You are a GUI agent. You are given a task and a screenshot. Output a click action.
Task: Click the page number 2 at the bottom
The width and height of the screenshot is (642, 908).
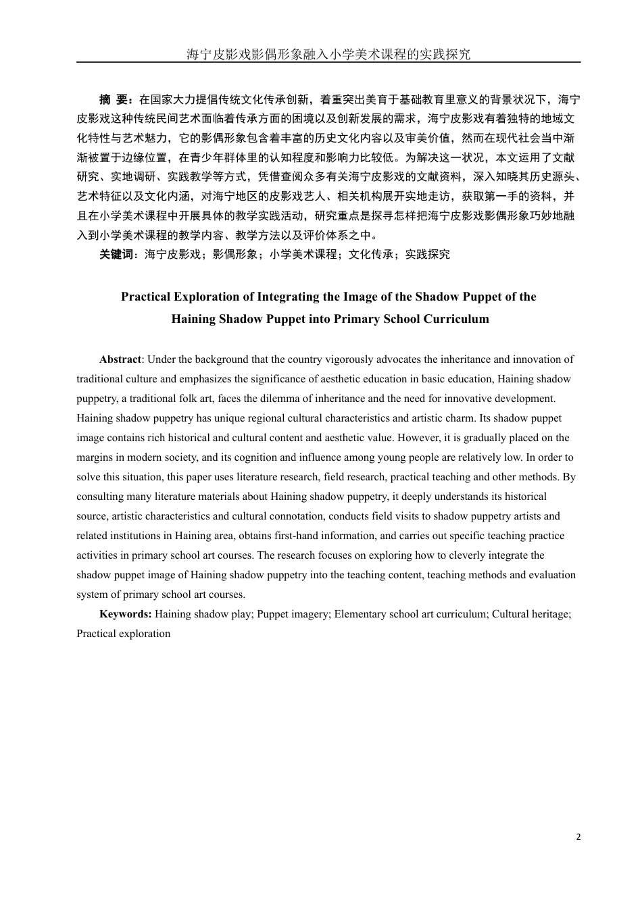click(x=578, y=837)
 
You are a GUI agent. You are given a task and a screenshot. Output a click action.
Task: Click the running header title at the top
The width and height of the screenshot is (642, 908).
click(x=328, y=55)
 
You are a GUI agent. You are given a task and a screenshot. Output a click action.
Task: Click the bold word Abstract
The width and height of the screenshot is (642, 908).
click(x=120, y=359)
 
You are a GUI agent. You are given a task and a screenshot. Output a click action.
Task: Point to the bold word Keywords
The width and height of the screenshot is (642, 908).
click(x=125, y=614)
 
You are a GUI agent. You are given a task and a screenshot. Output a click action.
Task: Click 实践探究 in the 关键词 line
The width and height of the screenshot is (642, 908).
click(x=427, y=255)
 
